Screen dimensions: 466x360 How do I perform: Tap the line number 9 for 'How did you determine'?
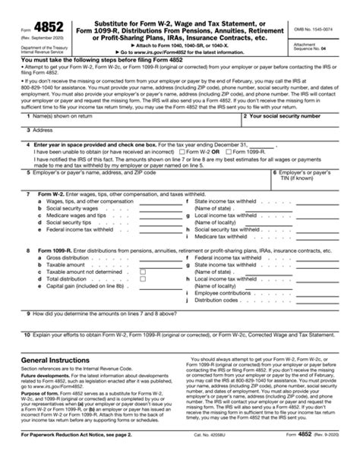(x=27, y=313)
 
